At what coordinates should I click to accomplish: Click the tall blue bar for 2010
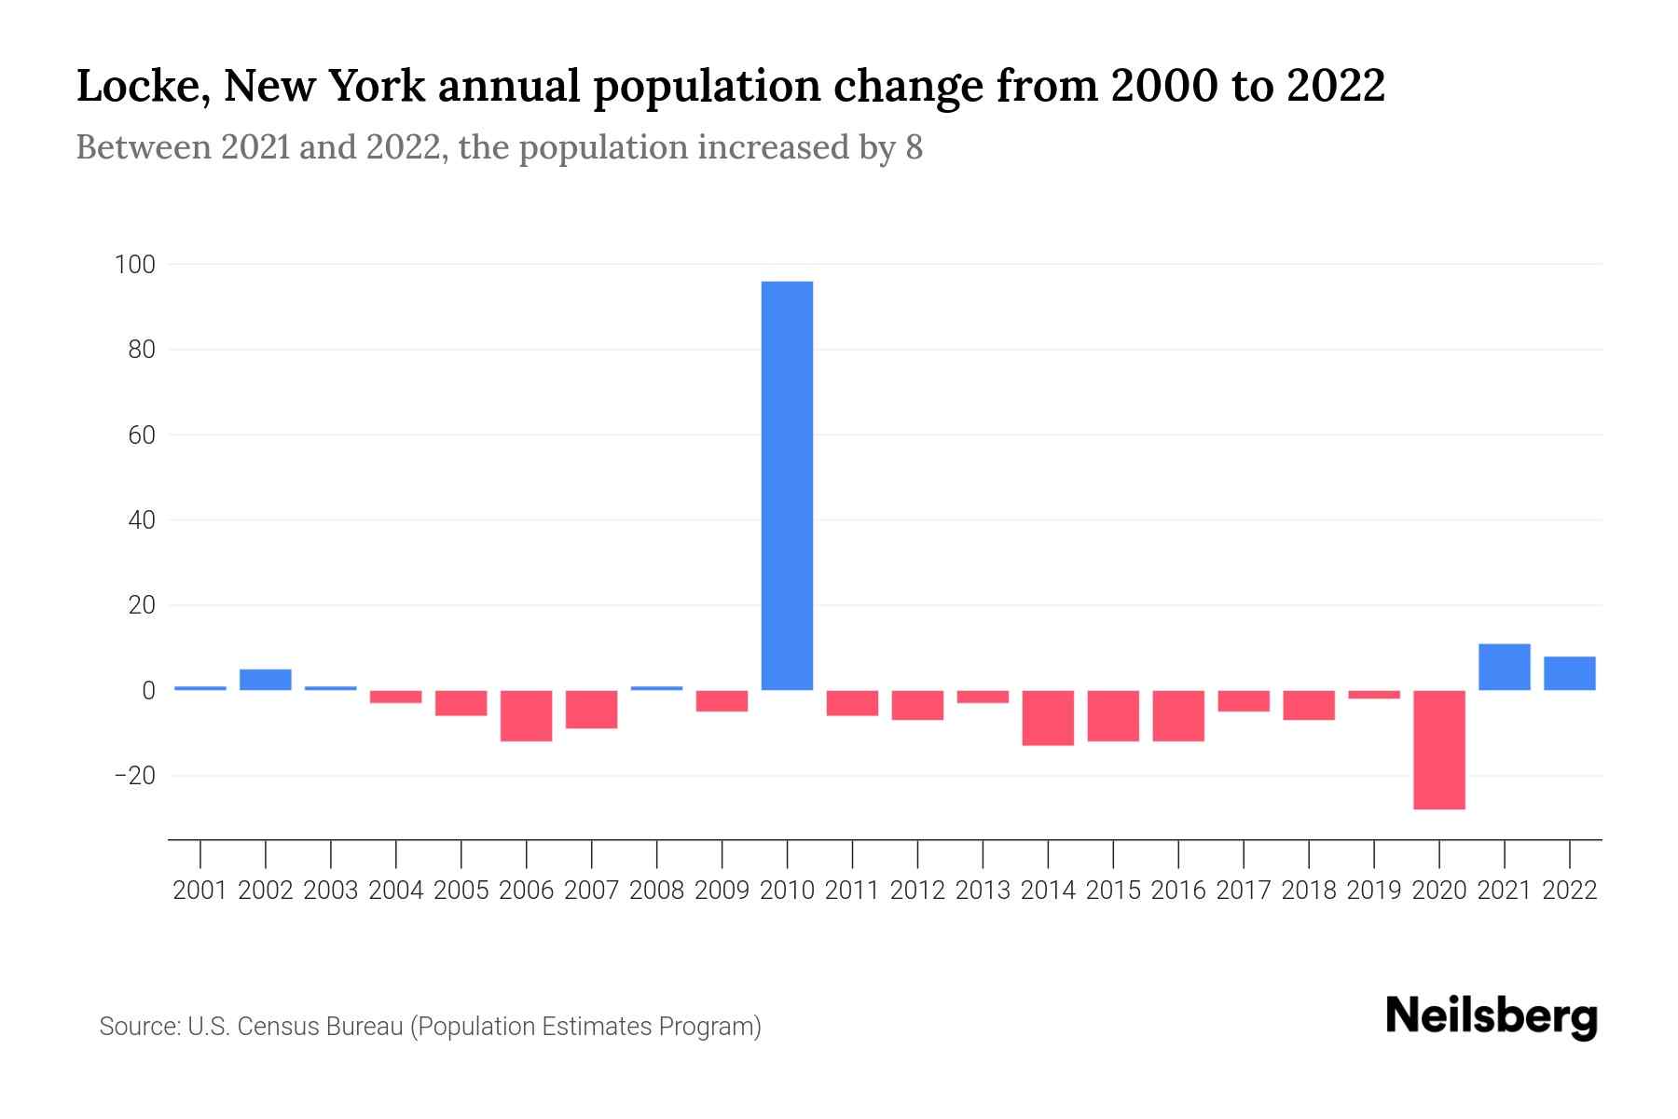(x=787, y=485)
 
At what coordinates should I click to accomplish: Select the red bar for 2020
(x=1439, y=749)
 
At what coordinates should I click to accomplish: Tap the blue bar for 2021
(x=1504, y=667)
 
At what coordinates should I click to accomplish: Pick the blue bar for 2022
(x=1569, y=673)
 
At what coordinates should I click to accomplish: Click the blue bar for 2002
(x=266, y=680)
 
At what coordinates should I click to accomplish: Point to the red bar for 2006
(x=527, y=715)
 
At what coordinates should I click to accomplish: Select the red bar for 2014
(x=1048, y=717)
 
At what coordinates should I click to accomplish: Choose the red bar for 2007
(x=591, y=709)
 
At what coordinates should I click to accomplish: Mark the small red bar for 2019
(x=1373, y=695)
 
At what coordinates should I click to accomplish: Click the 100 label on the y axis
(x=134, y=265)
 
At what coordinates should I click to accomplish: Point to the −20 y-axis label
(x=134, y=776)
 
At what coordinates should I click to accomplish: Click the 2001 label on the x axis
(x=200, y=891)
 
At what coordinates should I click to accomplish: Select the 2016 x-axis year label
(x=1178, y=891)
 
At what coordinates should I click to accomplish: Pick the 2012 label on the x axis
(x=917, y=891)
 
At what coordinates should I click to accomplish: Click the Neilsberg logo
(x=1491, y=1017)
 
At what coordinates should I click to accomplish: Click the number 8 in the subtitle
(x=914, y=147)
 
